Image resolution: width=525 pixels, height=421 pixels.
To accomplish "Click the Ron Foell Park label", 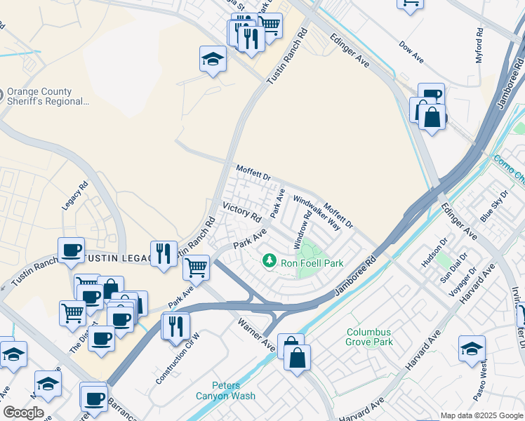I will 312,263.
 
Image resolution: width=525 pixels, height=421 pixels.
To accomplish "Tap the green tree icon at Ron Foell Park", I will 269,262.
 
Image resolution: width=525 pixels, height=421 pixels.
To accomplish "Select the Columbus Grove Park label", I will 368,338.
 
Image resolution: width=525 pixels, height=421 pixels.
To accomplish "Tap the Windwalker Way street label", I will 317,213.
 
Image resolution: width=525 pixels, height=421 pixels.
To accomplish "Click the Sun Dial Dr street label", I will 453,270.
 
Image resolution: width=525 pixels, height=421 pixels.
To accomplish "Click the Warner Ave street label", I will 256,335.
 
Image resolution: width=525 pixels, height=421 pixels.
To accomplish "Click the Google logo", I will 22,413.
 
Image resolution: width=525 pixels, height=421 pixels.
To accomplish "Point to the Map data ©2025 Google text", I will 481,415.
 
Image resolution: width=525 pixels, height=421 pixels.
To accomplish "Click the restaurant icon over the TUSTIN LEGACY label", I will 164,253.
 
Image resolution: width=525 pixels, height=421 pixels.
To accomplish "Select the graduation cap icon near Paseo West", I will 472,348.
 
